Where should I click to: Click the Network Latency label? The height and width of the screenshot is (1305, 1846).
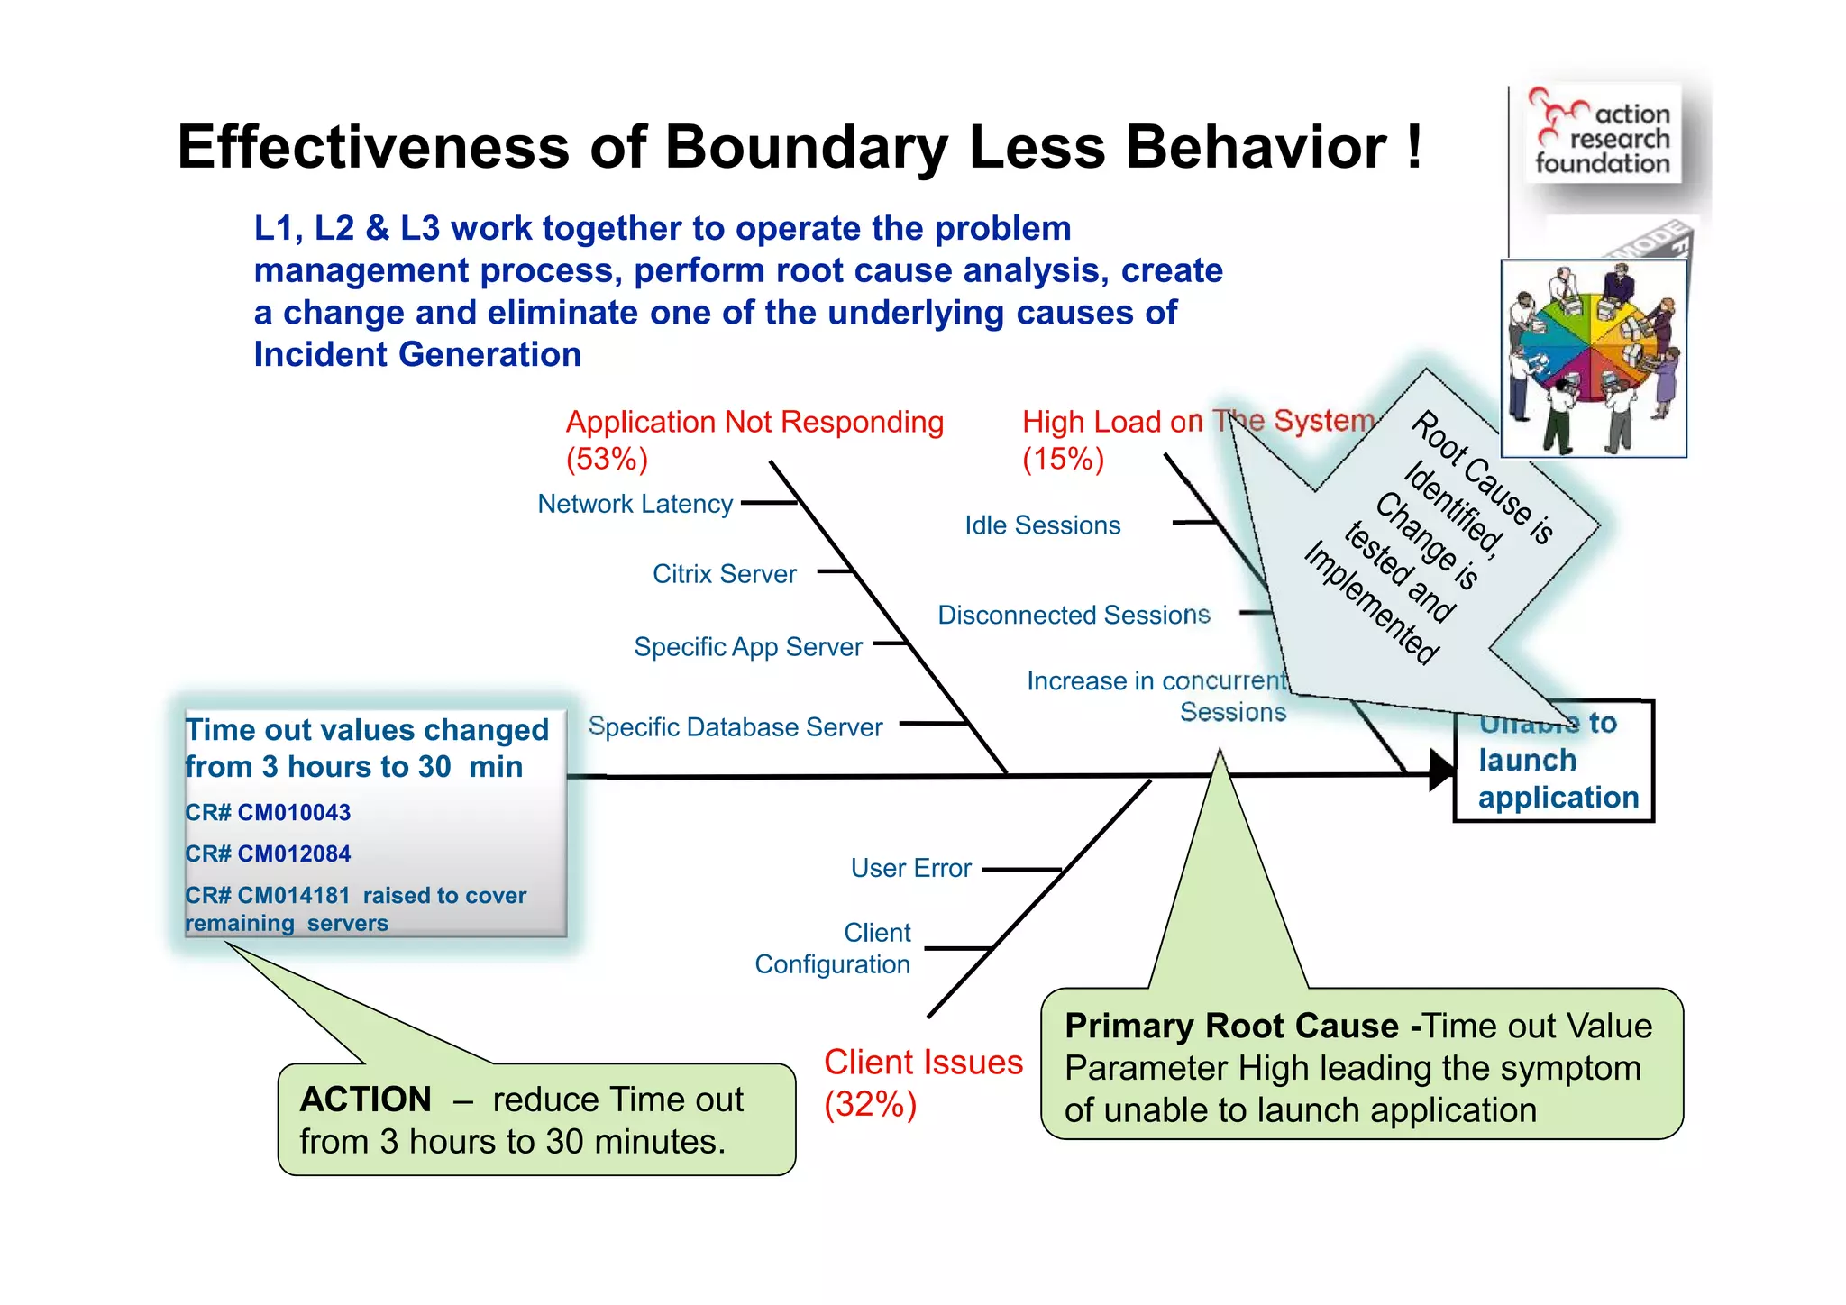click(x=635, y=504)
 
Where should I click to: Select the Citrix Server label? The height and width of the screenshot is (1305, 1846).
click(x=724, y=574)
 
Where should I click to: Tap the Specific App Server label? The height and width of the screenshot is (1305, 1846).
click(x=748, y=647)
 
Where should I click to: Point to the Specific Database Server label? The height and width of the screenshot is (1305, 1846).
click(x=735, y=727)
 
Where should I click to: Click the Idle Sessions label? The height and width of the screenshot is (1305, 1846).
click(x=1042, y=525)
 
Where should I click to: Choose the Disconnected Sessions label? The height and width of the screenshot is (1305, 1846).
click(x=1074, y=616)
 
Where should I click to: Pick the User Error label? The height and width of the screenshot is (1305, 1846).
click(x=910, y=868)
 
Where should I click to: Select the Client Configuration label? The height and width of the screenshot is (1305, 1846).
click(x=833, y=948)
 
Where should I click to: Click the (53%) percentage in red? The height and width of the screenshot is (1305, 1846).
click(x=607, y=460)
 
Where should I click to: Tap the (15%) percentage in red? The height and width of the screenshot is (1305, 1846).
click(x=1063, y=460)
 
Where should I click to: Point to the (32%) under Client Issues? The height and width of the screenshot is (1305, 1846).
click(x=870, y=1105)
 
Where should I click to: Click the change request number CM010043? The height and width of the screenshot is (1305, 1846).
click(x=293, y=813)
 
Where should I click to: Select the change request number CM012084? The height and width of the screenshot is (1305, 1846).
click(x=293, y=854)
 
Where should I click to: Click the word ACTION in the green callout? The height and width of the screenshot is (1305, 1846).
click(x=365, y=1100)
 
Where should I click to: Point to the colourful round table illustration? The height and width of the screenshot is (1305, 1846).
click(x=1593, y=359)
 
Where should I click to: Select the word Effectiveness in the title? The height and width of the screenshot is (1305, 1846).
click(x=373, y=147)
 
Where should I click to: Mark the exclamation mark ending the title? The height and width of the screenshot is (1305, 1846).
click(x=1413, y=147)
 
